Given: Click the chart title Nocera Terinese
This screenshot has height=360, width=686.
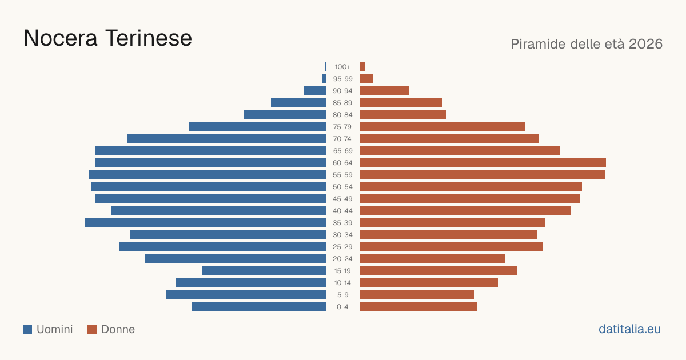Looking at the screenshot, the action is (107, 38).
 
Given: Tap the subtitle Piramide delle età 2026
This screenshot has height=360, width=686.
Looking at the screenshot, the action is (587, 44).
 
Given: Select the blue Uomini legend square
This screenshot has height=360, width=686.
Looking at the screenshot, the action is (27, 329).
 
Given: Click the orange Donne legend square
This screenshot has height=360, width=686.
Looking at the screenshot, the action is (92, 329).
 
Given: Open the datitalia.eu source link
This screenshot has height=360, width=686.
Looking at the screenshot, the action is (629, 329).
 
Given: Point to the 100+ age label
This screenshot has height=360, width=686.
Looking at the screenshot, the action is (342, 67).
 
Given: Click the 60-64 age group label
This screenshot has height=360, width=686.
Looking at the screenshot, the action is (342, 162).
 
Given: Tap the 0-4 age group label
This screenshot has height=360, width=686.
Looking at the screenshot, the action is (342, 307).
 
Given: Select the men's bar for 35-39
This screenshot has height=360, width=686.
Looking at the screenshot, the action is (205, 222).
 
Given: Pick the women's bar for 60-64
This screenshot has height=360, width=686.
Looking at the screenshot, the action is (483, 162).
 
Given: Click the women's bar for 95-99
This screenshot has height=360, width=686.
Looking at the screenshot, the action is (366, 79).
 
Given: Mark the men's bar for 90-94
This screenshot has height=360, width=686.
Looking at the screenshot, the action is (315, 91).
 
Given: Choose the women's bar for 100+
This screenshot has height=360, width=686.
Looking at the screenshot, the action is (362, 67).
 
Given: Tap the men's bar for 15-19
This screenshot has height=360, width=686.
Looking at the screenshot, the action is (264, 271).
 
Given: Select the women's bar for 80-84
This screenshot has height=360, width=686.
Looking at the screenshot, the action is (403, 115).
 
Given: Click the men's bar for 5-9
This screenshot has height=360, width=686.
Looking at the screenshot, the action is (246, 295).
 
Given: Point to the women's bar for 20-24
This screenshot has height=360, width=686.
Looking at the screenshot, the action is (433, 259).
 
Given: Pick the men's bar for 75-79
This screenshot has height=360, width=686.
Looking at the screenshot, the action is (257, 127).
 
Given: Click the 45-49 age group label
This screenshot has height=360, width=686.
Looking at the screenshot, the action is (342, 199).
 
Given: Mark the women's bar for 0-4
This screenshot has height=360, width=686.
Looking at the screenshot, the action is (418, 307).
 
